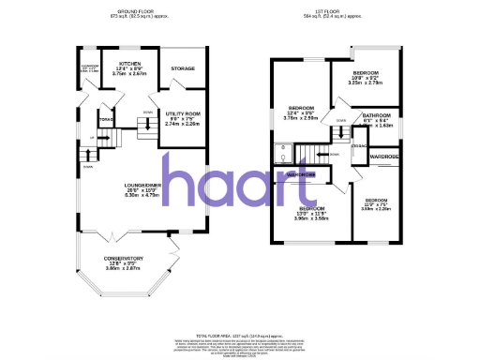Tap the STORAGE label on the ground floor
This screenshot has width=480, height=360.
[x=183, y=68]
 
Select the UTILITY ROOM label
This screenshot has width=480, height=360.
[x=183, y=113]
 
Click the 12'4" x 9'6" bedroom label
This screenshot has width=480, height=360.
[x=301, y=108]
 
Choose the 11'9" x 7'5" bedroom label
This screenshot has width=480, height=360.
[x=377, y=201]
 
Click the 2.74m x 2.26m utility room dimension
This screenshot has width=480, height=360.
[x=183, y=125]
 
